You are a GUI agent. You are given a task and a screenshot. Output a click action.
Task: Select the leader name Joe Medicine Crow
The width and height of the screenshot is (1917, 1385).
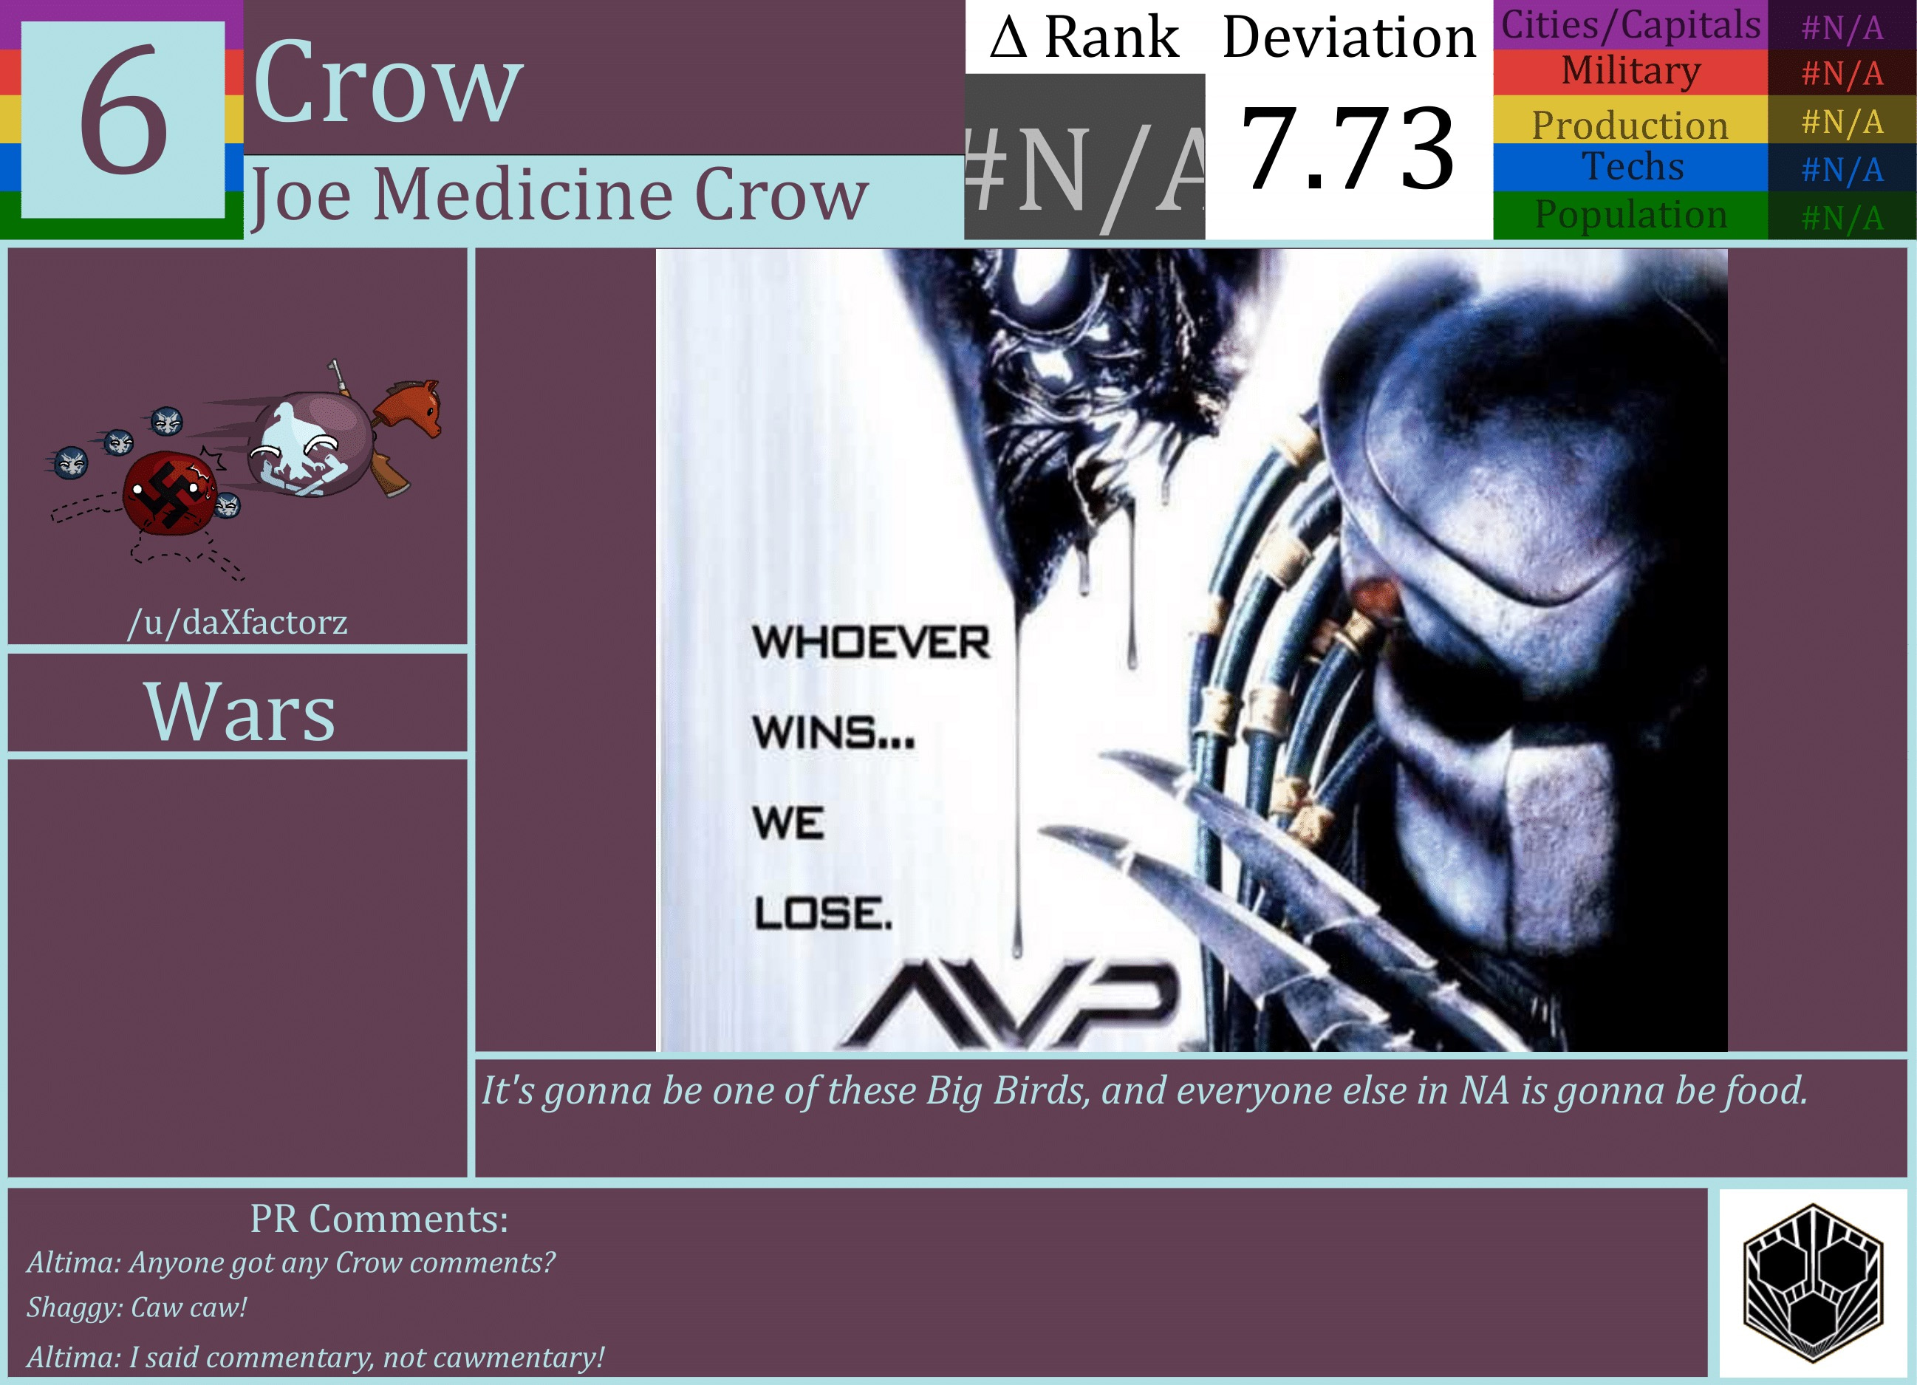tap(559, 195)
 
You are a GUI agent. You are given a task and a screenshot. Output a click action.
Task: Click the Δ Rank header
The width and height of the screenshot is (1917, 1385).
tap(1084, 37)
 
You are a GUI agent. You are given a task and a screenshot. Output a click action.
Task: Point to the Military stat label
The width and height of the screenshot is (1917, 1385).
tap(1630, 71)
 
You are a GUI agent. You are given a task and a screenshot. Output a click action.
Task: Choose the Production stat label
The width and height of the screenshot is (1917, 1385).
tap(1630, 124)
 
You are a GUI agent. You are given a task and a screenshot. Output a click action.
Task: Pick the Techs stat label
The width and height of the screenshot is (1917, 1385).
tap(1632, 166)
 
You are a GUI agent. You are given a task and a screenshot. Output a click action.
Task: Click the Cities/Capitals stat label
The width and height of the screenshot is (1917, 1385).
tap(1630, 24)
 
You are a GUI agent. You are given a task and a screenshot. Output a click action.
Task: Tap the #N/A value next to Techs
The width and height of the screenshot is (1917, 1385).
tap(1842, 170)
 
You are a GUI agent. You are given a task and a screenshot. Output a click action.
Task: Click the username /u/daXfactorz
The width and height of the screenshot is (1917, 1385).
tap(238, 622)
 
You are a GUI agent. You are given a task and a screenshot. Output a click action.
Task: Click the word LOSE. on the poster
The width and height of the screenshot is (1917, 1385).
tap(822, 914)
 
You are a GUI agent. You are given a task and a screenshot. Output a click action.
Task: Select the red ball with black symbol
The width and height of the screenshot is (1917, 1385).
tap(169, 493)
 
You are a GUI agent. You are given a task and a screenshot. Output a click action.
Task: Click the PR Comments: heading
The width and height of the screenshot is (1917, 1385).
tap(379, 1219)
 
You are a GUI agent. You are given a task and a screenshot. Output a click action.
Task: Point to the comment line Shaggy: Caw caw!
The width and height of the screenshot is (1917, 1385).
tap(137, 1307)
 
